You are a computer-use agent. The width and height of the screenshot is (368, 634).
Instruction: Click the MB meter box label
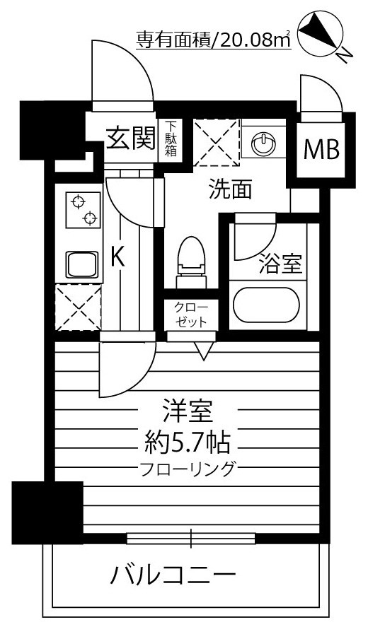(321, 150)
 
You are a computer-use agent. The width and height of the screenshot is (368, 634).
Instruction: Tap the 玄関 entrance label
(131, 139)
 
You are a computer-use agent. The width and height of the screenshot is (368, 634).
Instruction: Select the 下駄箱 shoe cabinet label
(171, 139)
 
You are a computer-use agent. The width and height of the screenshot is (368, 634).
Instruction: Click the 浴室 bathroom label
(280, 263)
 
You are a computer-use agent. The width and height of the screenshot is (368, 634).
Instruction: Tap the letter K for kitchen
(117, 257)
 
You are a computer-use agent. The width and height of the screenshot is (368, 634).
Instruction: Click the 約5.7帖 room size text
(188, 442)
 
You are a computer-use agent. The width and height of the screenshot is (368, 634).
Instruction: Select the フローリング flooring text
(187, 469)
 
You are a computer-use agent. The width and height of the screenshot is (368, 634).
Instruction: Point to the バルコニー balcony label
(173, 574)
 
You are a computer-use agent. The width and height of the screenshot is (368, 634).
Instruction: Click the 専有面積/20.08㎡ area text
(213, 40)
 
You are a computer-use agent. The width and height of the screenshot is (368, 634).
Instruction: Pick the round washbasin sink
(263, 143)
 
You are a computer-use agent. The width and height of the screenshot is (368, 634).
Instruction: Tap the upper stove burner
(78, 201)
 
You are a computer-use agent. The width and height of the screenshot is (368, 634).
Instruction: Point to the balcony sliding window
(190, 539)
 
